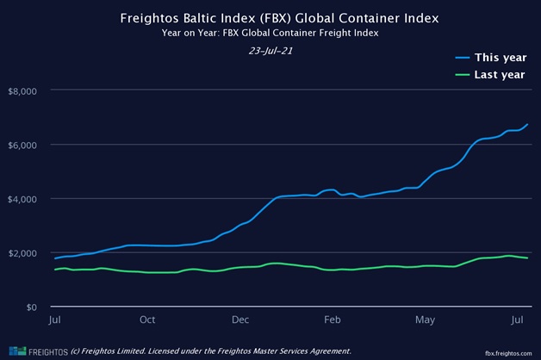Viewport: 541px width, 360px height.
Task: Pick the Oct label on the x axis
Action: pos(147,320)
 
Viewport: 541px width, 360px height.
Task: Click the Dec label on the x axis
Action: pos(240,320)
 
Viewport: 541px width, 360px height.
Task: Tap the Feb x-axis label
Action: pos(333,320)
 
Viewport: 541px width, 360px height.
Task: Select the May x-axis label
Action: pos(425,320)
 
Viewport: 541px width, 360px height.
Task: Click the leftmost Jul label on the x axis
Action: pos(55,320)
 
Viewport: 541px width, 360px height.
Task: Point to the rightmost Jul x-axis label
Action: pos(517,320)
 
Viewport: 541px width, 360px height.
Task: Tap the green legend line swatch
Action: pos(463,75)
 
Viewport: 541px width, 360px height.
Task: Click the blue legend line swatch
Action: pos(463,59)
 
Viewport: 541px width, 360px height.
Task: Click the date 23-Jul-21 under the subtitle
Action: pos(270,50)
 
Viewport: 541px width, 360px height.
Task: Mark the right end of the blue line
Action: pos(527,124)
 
